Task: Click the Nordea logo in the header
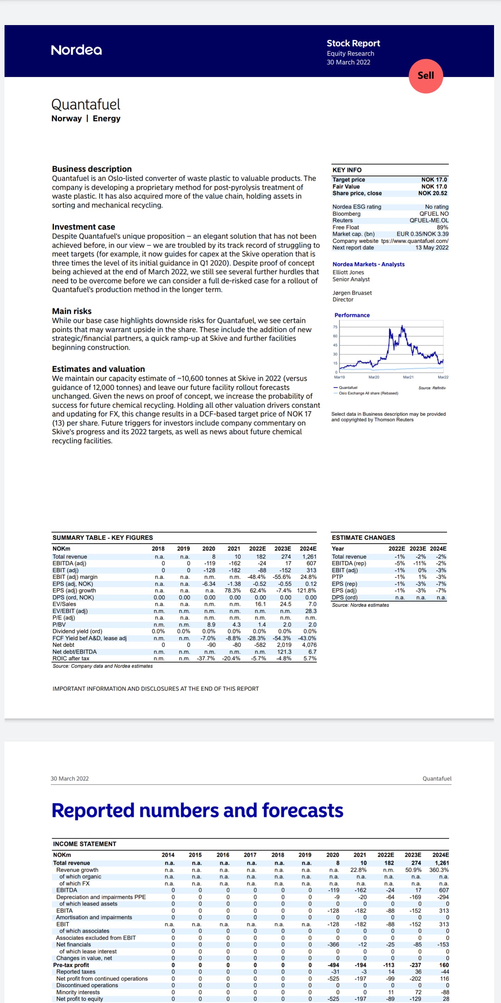76,50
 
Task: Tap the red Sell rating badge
426,76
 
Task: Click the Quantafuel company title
86,104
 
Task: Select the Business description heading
92,169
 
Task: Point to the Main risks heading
72,311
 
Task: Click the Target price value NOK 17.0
434,179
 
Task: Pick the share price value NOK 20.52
432,193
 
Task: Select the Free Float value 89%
442,227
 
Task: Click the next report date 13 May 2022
432,248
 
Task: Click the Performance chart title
352,315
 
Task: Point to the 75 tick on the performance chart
335,327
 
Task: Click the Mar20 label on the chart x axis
373,377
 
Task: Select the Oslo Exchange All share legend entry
368,393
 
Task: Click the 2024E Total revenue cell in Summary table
309,557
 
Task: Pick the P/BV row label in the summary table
58,624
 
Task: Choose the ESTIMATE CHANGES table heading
363,538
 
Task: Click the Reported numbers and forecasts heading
197,811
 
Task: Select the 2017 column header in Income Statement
250,855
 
